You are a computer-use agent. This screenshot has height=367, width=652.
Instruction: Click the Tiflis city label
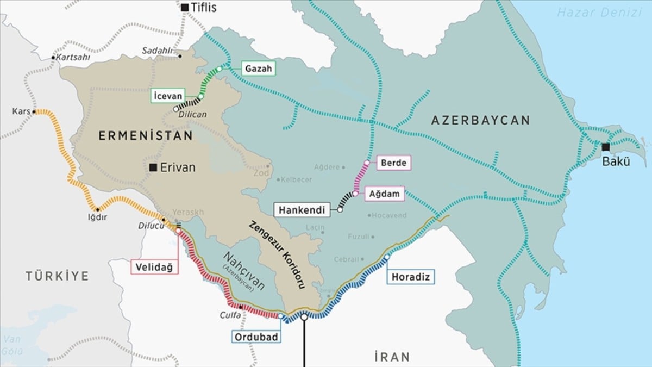[x=204, y=7]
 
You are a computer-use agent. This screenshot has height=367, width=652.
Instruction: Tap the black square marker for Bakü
[x=605, y=147]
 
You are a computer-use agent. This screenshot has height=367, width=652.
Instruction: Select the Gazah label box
[x=258, y=69]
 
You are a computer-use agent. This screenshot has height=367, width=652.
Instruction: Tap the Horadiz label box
[x=411, y=277]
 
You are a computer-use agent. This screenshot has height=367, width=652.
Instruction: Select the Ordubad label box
[x=256, y=337]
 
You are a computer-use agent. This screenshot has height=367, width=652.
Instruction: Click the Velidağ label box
[x=155, y=267]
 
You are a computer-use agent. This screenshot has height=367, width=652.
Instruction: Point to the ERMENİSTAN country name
[x=146, y=136]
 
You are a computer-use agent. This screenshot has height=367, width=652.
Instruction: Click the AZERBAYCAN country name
[x=480, y=120]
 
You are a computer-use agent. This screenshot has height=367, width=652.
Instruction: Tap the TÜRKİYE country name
[x=57, y=276]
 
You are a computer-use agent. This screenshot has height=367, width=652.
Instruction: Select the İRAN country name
[x=392, y=357]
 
